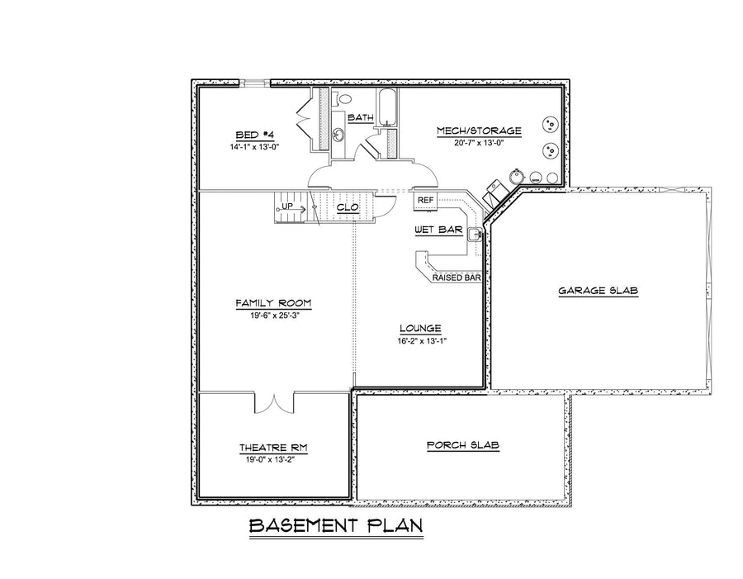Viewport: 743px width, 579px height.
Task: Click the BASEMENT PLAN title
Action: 336,526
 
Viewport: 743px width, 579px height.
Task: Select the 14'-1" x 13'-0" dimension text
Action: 254,147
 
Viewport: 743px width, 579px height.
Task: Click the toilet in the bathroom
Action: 344,100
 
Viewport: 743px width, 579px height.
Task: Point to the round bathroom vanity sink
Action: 338,135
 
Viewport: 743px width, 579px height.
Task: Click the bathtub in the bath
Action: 387,107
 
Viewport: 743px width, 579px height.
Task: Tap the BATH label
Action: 361,117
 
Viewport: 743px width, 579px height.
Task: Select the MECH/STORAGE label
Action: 479,131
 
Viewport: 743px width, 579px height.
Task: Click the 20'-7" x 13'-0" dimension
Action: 479,143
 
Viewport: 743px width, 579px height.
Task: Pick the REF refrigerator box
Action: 425,200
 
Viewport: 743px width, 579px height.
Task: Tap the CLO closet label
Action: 348,207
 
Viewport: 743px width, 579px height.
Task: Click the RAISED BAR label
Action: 457,278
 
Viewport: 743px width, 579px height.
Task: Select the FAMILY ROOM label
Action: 273,303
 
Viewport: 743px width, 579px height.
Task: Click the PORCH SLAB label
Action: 463,445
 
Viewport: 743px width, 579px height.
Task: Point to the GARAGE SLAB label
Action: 598,291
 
